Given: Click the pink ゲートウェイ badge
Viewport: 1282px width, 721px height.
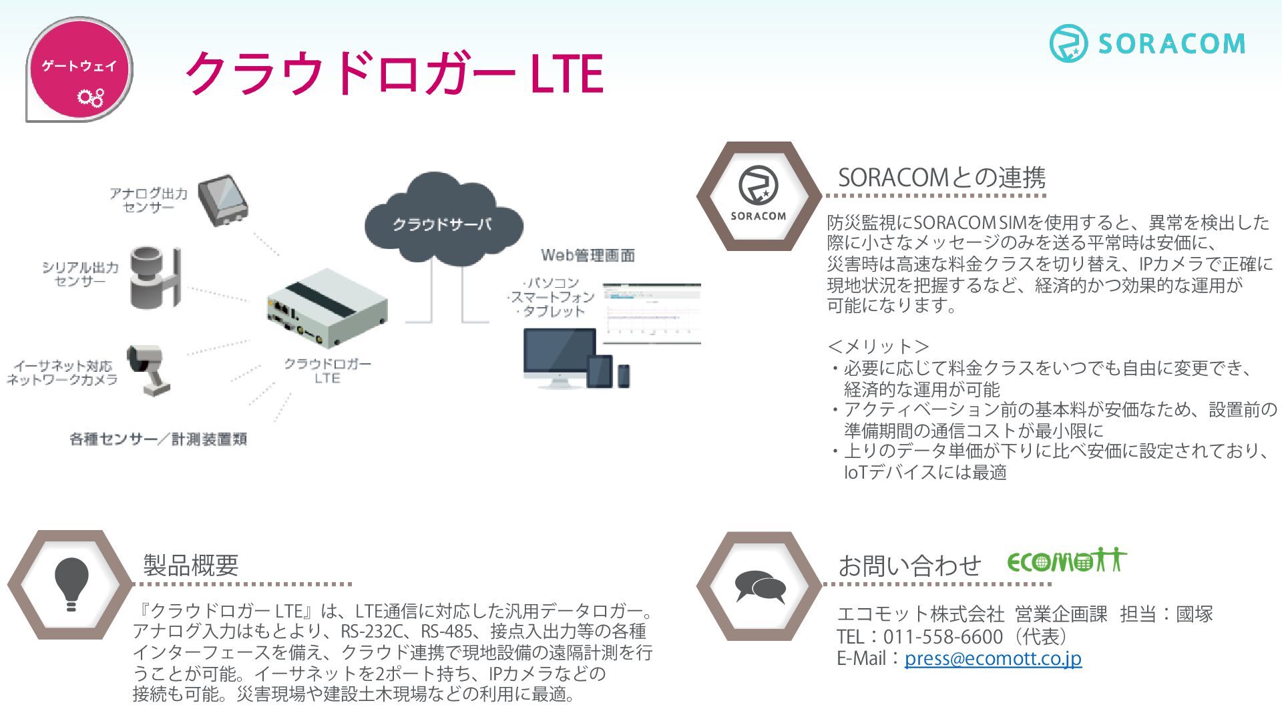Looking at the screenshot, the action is (79, 69).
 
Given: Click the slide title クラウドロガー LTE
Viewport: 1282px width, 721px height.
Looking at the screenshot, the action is (395, 73).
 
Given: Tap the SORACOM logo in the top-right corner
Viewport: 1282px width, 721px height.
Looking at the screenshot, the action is (1147, 43).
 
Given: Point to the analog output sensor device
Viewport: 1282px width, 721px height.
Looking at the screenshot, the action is (223, 200).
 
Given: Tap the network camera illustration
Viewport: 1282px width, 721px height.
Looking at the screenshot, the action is (148, 369).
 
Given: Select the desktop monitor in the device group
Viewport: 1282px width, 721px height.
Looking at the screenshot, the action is (560, 358).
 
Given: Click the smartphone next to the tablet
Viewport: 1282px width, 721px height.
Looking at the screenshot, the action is (623, 376).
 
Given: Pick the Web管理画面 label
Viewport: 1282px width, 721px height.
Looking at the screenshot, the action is (588, 255).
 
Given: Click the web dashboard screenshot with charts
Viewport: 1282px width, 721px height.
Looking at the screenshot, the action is (652, 314).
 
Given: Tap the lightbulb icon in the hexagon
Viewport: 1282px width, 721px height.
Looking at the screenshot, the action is (71, 583).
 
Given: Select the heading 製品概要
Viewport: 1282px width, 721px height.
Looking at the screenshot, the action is (191, 565).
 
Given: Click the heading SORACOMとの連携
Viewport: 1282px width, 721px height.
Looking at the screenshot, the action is (941, 178).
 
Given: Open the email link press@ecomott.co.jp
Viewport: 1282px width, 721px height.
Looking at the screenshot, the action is (993, 658).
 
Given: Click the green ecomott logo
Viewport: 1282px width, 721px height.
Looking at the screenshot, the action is (1067, 560).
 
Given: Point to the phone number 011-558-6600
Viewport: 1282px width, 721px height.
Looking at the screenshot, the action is (943, 636).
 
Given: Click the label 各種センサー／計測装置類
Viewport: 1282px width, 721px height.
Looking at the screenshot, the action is (158, 439).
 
